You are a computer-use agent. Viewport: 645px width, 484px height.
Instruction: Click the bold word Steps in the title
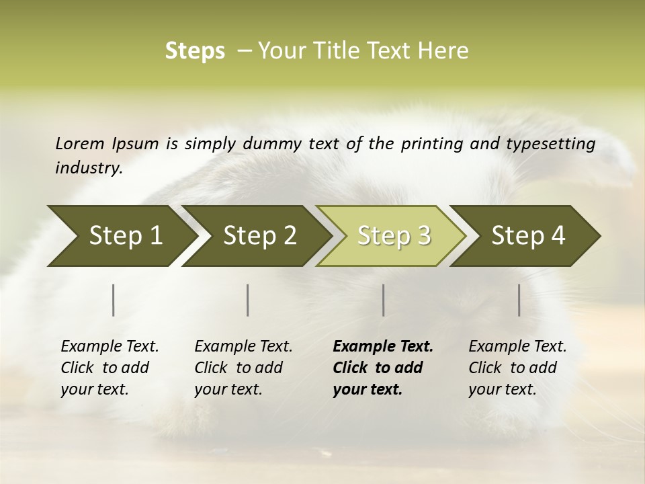[x=195, y=50]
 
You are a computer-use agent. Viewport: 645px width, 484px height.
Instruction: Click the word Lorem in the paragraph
[x=80, y=143]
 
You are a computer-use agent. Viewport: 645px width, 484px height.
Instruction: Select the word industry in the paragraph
[x=88, y=168]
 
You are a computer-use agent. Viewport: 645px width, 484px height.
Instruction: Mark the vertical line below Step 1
[x=114, y=300]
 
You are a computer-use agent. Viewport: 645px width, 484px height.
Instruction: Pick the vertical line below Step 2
[x=248, y=300]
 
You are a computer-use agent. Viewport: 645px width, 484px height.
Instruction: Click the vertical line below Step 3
[x=383, y=300]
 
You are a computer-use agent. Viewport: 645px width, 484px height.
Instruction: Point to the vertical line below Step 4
[x=519, y=300]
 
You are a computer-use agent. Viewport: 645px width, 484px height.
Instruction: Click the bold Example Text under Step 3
[x=383, y=347]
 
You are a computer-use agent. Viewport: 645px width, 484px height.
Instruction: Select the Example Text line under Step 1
[x=110, y=347]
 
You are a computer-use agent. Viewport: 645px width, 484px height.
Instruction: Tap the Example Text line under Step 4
[x=517, y=347]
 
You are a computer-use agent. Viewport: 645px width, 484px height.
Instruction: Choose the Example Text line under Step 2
[x=243, y=347]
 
